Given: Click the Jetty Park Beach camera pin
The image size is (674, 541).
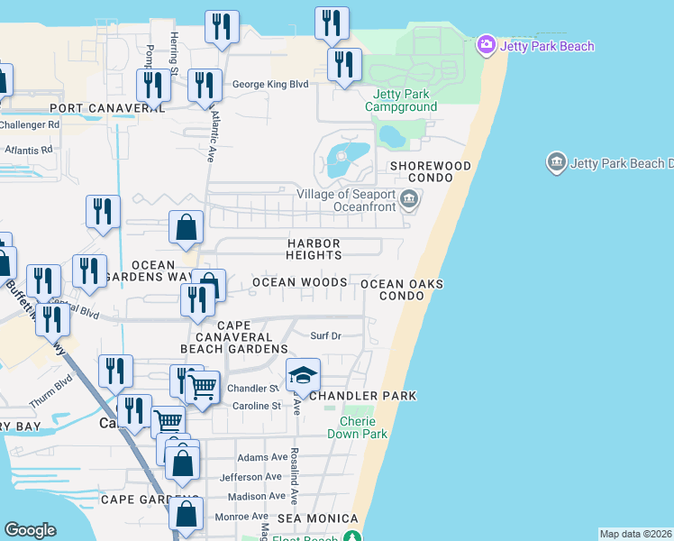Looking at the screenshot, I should [486, 44].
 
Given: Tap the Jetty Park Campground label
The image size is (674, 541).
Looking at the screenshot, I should [401, 100].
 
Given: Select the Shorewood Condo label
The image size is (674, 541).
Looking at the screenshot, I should [430, 172].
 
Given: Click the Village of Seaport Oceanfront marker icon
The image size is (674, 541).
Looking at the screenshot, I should [410, 199].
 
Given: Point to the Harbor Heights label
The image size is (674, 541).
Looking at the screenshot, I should [314, 249].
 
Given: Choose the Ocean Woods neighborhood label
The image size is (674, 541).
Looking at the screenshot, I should [299, 282].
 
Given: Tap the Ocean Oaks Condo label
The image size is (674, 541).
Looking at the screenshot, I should [402, 289].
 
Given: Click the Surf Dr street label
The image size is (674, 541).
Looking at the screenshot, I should [325, 335].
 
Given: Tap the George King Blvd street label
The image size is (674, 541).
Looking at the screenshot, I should [270, 85].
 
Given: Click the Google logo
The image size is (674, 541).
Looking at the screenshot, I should [30, 530].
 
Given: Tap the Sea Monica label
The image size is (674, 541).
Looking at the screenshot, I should [317, 518].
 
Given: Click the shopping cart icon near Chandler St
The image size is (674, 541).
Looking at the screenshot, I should [203, 388].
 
